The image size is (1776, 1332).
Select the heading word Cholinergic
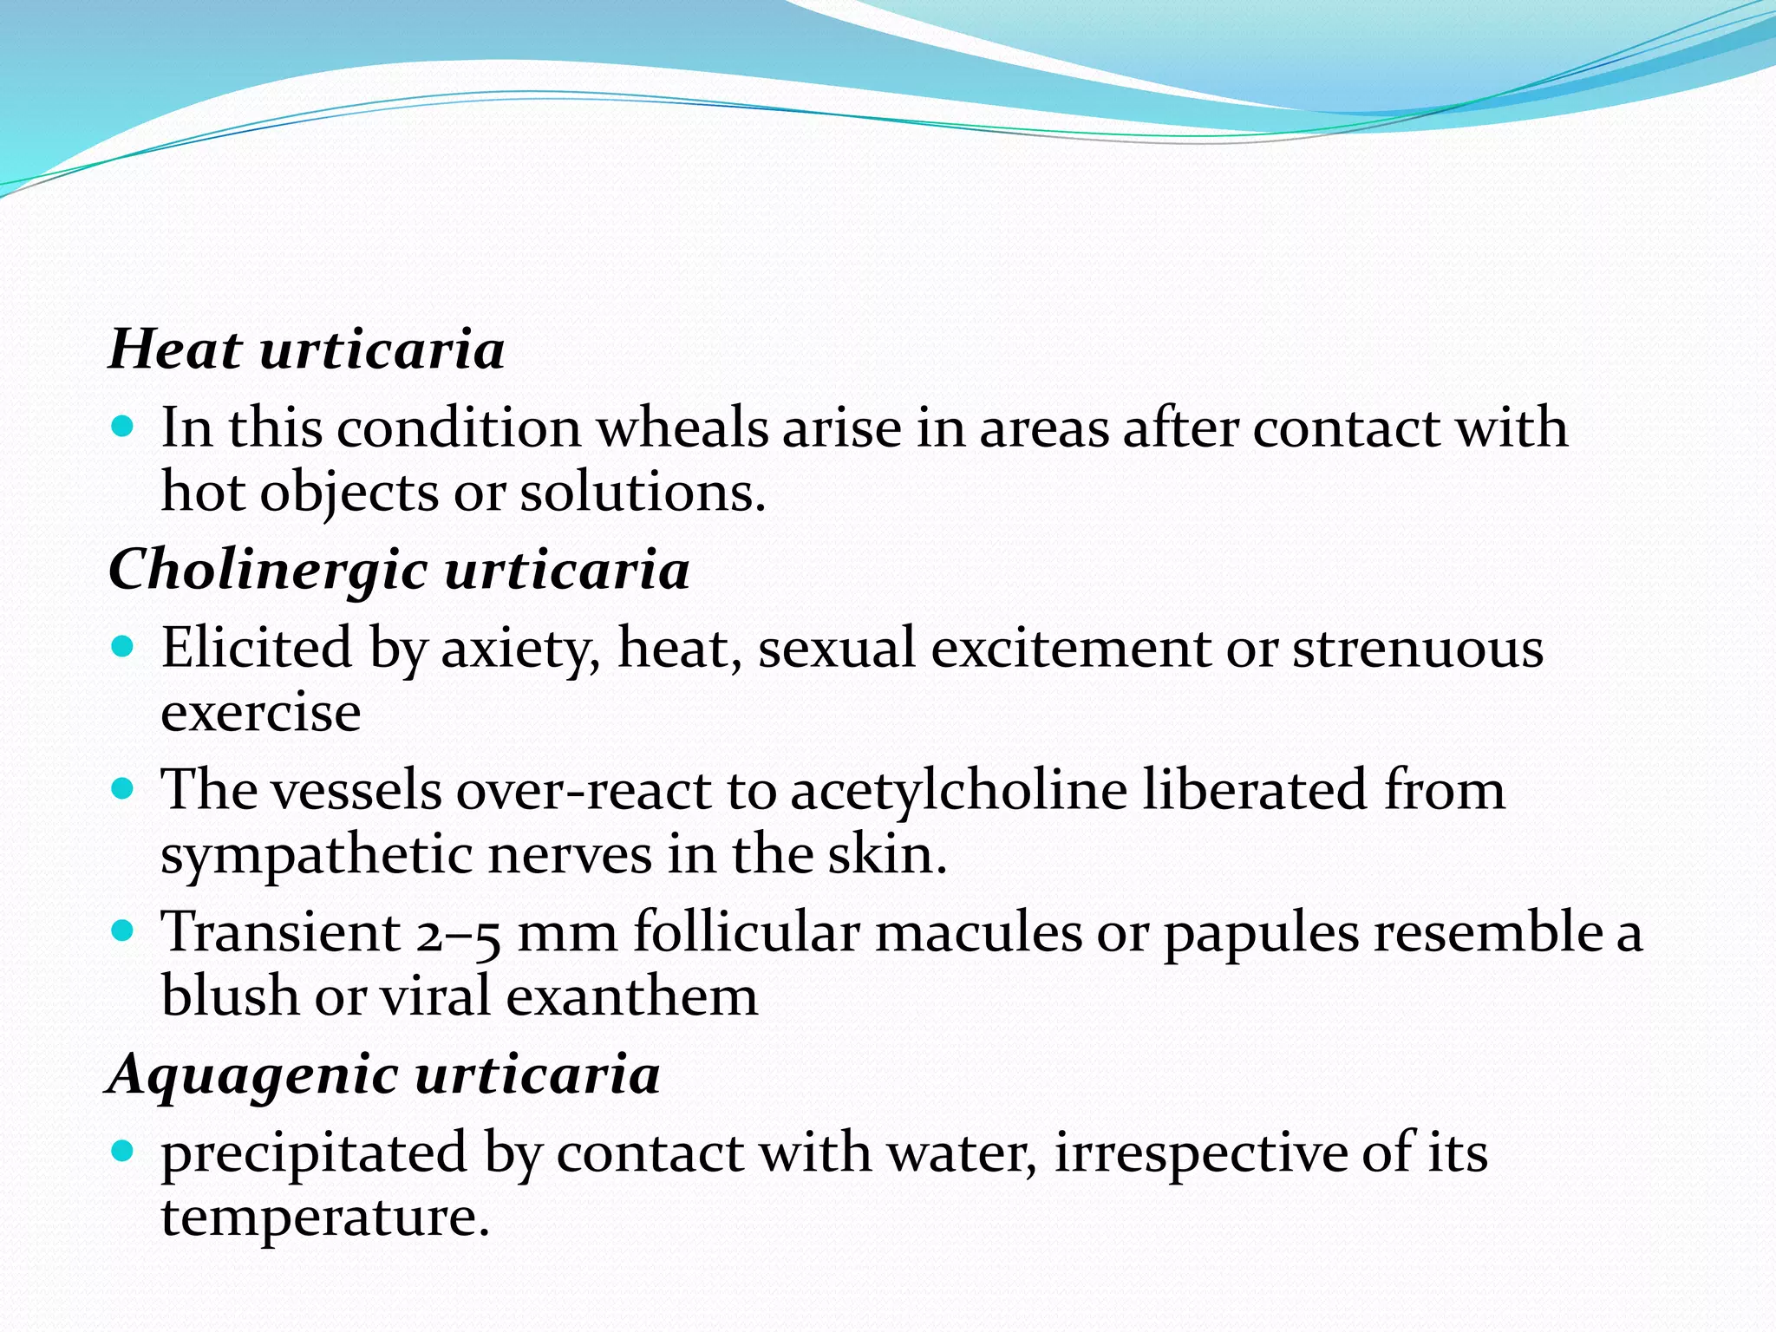(x=268, y=571)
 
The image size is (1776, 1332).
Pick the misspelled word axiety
(x=516, y=649)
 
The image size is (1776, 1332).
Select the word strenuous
(x=1418, y=649)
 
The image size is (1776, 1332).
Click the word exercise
(x=261, y=713)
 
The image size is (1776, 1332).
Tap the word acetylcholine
(x=959, y=791)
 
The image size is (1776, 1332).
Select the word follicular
(x=746, y=932)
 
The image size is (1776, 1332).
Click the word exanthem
(x=631, y=996)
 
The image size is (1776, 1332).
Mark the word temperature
(x=325, y=1217)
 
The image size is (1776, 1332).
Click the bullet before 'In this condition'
(x=123, y=427)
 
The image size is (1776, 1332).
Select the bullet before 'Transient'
(x=123, y=931)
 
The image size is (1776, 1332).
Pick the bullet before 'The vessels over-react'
(x=123, y=789)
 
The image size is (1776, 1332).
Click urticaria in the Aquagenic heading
(x=538, y=1074)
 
